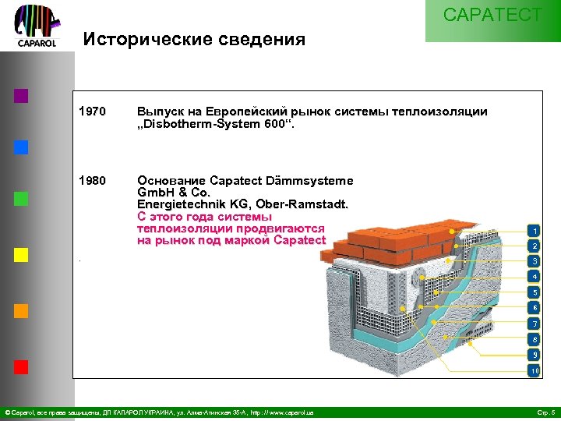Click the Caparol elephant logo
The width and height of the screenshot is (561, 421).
click(x=37, y=25)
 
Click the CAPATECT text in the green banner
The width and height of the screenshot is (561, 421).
click(x=492, y=15)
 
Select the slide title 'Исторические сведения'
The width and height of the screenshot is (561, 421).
click(x=194, y=39)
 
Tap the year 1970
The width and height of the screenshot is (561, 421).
click(x=92, y=111)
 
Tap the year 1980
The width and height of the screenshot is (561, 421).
click(x=92, y=180)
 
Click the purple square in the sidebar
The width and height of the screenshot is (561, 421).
click(x=21, y=96)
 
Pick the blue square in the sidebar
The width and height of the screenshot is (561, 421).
click(x=21, y=147)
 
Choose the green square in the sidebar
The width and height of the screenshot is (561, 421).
click(x=21, y=198)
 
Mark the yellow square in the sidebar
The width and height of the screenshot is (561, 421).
click(x=21, y=255)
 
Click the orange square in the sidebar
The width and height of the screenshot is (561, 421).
click(x=21, y=310)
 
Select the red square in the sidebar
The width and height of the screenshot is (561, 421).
click(x=21, y=366)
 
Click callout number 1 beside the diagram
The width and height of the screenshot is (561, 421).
click(x=534, y=231)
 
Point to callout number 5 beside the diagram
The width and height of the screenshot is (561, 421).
click(x=534, y=292)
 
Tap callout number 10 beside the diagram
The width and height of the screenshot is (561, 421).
click(x=534, y=371)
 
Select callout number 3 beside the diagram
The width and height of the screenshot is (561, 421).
click(x=534, y=260)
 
